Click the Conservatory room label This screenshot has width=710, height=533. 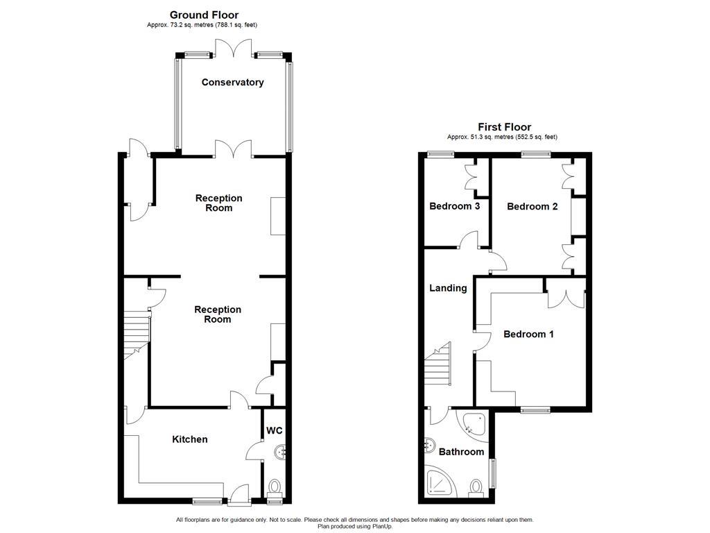pyautogui.click(x=232, y=83)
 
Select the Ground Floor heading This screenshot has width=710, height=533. pyautogui.click(x=204, y=15)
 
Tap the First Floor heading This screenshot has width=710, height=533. pyautogui.click(x=504, y=127)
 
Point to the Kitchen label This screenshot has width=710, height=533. pyautogui.click(x=189, y=439)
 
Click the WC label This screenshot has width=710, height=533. pyautogui.click(x=275, y=431)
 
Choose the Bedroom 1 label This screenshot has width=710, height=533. pyautogui.click(x=528, y=334)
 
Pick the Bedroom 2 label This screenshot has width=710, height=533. pyautogui.click(x=532, y=206)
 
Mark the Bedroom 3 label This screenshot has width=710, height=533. pyautogui.click(x=454, y=206)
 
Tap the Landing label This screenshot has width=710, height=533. pyautogui.click(x=447, y=288)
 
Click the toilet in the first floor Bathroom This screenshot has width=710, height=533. pyautogui.click(x=476, y=488)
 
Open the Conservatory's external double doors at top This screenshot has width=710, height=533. pyautogui.click(x=232, y=48)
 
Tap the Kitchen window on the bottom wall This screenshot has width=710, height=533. pyautogui.click(x=207, y=500)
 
